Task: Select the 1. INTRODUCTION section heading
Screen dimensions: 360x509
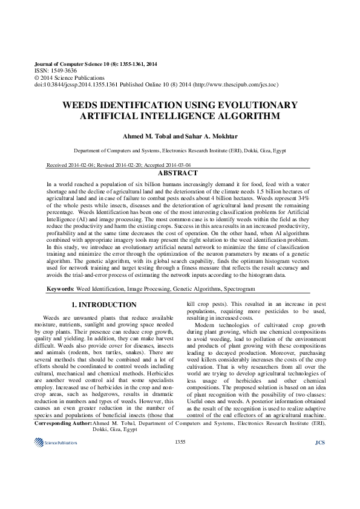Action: [x=105, y=305]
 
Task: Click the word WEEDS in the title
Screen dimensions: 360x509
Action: [x=83, y=105]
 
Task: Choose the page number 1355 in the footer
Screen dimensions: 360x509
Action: [x=180, y=476]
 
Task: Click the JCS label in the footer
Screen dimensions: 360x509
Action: [x=320, y=476]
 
